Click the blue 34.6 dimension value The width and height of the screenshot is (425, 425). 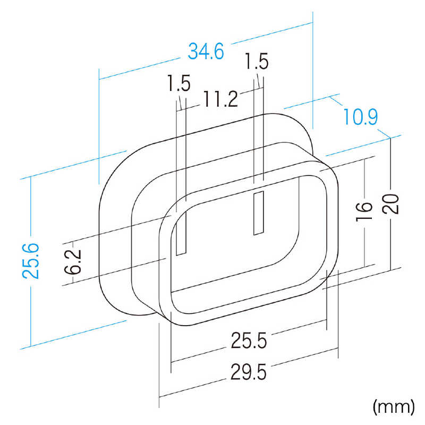tap(206, 51)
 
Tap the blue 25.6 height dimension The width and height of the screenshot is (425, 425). tap(31, 261)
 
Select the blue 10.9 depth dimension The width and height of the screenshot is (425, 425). tap(361, 116)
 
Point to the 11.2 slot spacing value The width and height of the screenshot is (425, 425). tap(220, 99)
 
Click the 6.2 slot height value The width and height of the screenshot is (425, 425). tap(73, 261)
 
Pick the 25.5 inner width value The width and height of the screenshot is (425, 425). tap(249, 341)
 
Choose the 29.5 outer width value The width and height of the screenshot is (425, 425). tap(249, 372)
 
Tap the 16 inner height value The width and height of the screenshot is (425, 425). tap(364, 211)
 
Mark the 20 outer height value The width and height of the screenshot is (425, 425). tap(390, 204)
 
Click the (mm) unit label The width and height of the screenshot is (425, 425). tap(394, 407)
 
